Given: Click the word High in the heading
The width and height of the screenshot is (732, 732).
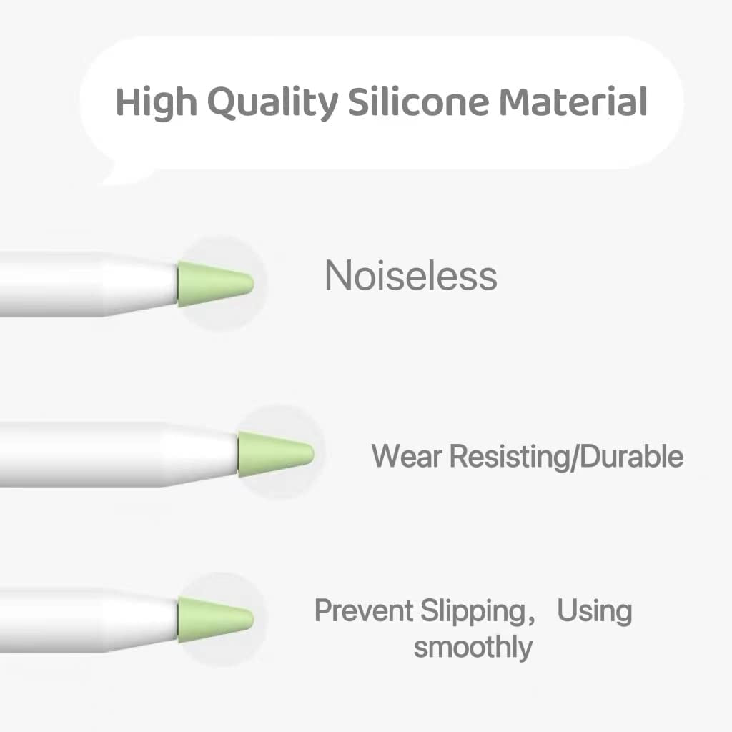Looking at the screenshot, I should click(x=155, y=102).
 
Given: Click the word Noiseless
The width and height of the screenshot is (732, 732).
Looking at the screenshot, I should click(x=411, y=276).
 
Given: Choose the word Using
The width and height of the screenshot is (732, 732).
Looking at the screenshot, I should click(x=595, y=613).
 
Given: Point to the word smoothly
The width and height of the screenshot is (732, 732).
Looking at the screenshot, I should click(x=473, y=648).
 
